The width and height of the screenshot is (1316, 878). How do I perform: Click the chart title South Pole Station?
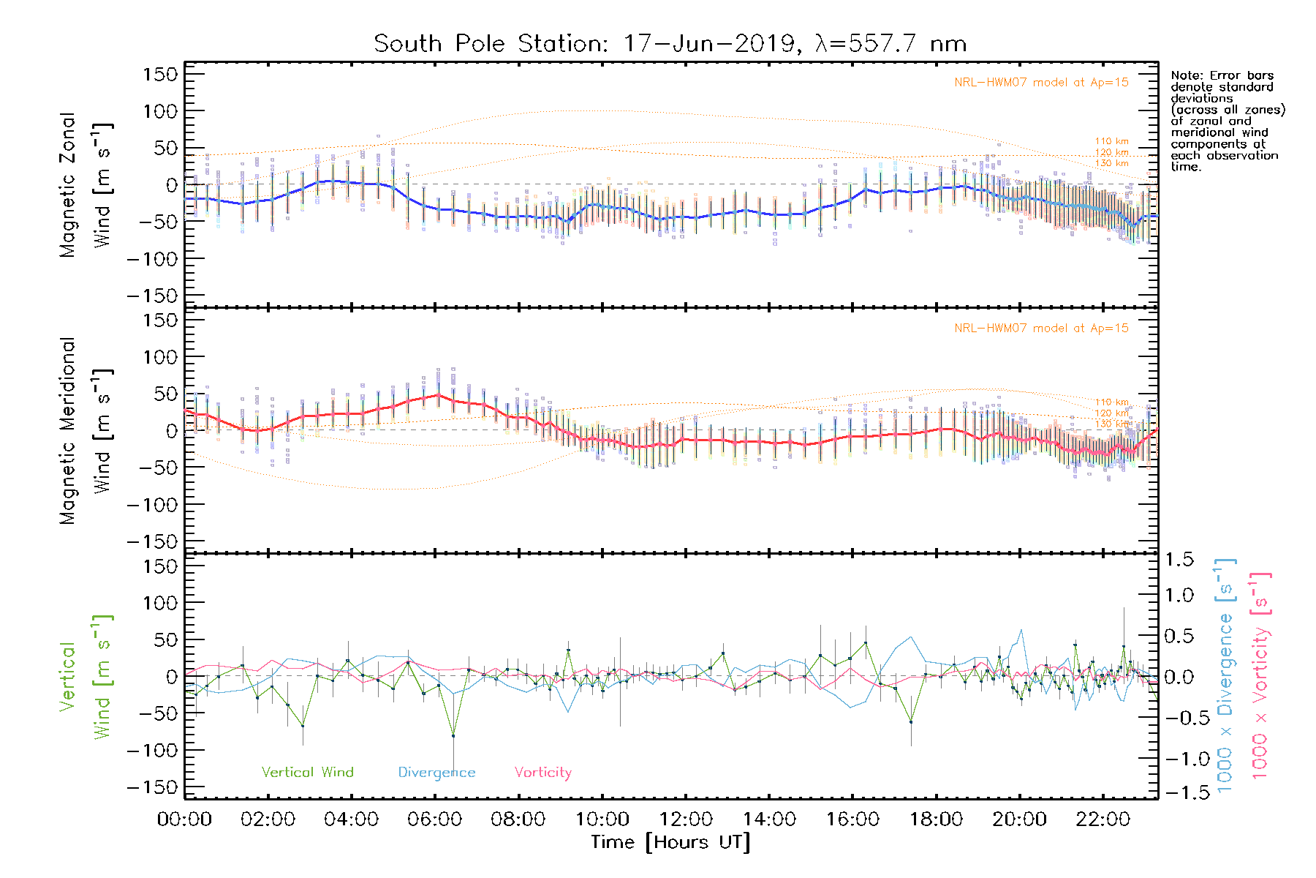670,44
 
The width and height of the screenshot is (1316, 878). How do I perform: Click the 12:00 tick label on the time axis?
685,819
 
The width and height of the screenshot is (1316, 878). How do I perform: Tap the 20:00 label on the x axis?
1019,819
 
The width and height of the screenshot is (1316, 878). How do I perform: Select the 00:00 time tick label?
184,819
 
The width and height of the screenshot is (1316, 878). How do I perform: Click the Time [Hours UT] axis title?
670,842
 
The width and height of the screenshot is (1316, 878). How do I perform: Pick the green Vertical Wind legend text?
307,773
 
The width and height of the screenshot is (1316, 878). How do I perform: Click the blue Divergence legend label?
436,773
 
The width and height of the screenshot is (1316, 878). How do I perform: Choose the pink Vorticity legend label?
542,773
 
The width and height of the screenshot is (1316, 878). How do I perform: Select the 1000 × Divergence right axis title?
1225,675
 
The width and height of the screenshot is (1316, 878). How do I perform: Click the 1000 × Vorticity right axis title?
1260,675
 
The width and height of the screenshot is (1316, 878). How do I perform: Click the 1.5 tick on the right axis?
1179,560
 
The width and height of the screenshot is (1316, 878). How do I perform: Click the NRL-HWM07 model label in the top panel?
1041,83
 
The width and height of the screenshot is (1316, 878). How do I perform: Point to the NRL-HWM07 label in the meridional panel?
1041,329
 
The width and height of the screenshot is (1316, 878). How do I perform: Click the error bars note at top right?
1227,121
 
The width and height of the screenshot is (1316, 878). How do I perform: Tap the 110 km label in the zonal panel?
1111,141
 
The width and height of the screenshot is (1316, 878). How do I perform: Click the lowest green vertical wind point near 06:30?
453,735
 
